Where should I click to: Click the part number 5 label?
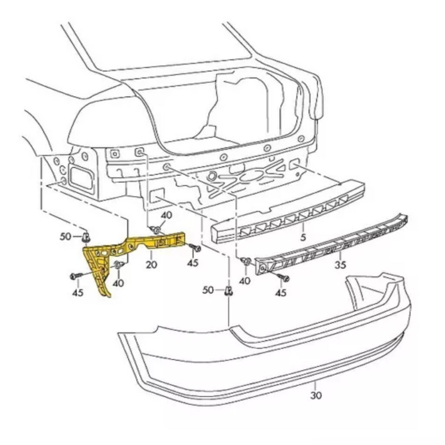(303, 237)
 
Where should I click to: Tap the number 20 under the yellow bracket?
(151, 265)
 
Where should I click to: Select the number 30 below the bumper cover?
(315, 395)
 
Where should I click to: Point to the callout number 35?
(340, 265)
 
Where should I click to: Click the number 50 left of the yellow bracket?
(65, 236)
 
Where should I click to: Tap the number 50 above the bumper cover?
(208, 290)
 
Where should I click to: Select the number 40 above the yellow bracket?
(166, 215)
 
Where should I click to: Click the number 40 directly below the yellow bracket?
(118, 283)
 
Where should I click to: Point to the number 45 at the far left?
(78, 292)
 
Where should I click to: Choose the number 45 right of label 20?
(193, 263)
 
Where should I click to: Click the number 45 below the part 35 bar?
(281, 292)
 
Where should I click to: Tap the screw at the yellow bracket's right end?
(195, 248)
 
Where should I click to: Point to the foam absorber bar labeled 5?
(288, 212)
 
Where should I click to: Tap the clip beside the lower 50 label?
(229, 291)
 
